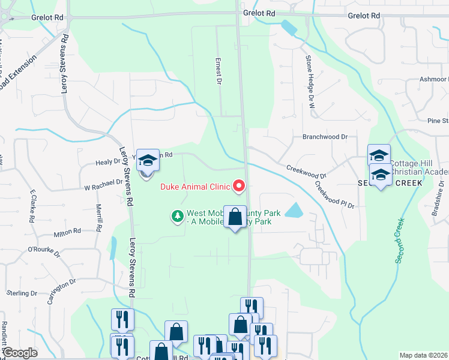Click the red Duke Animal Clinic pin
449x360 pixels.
coord(239,187)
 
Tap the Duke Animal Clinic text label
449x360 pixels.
coord(195,187)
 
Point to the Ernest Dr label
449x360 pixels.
coord(220,71)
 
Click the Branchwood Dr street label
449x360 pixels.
coord(325,137)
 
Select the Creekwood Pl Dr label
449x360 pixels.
coord(335,197)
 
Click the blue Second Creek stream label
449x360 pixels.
coord(400,241)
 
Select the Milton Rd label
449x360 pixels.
coord(67,232)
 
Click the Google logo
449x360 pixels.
coord(19,353)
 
